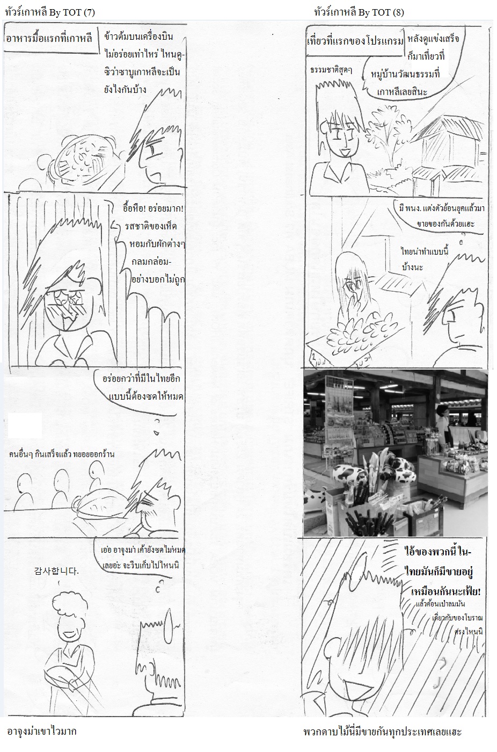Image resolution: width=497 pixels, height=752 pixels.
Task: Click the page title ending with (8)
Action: point(359,12)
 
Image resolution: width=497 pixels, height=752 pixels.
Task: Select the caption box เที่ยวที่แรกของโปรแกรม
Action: point(355,41)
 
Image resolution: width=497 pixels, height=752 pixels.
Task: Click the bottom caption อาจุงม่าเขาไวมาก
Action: point(41,731)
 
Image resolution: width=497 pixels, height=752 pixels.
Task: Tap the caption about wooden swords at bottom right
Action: point(382,732)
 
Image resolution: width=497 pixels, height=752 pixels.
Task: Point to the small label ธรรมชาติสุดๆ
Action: point(331,71)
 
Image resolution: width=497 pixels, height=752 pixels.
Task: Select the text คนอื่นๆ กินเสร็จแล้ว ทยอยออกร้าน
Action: point(62,454)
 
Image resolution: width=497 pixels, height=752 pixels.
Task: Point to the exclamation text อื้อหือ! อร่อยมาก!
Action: point(154,209)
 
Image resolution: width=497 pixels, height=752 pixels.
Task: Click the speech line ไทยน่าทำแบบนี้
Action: point(425,251)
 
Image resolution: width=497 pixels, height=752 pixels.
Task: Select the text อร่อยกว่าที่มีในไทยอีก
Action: point(141,379)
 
